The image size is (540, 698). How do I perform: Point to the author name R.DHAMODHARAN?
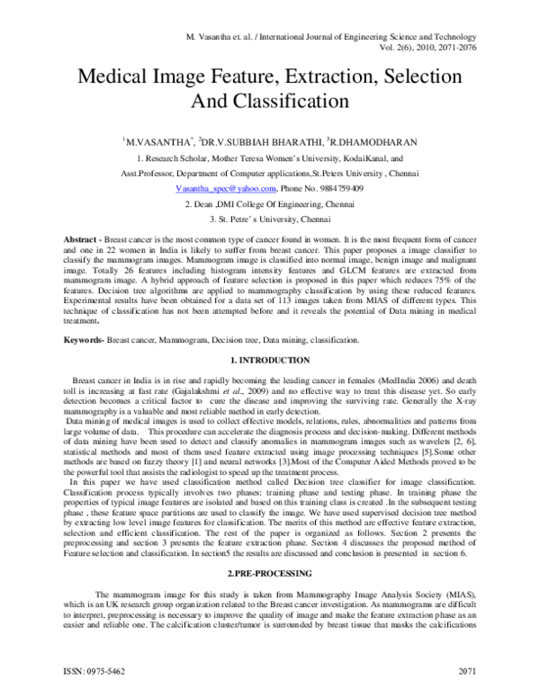coord(373,142)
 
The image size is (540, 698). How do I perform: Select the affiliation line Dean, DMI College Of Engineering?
coord(269,204)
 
